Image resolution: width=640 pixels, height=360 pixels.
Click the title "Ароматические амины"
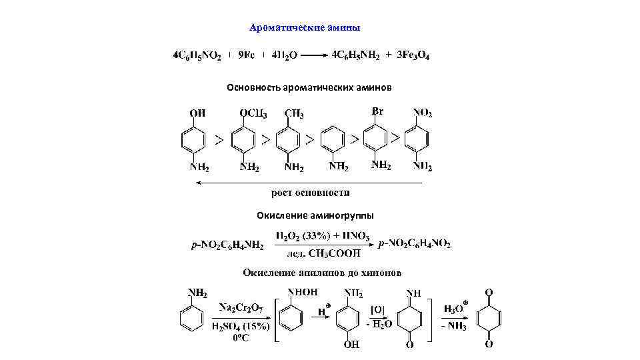(x=305, y=28)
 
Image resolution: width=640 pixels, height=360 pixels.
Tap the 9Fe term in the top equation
(x=247, y=56)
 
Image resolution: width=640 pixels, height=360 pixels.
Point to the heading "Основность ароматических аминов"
(x=309, y=88)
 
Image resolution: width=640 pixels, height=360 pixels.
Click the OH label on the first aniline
(x=197, y=113)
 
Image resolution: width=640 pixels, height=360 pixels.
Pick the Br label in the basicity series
(x=377, y=111)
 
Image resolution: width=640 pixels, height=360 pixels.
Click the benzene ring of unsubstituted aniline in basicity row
(x=333, y=141)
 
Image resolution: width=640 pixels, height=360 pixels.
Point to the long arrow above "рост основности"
(x=307, y=182)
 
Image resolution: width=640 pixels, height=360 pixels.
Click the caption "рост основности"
(x=310, y=193)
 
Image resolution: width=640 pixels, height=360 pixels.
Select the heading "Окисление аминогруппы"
(x=315, y=215)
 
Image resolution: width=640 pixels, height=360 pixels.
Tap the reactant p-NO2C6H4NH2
(x=227, y=245)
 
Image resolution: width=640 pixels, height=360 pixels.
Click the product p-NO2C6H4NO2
(x=414, y=245)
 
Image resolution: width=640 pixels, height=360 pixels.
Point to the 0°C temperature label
(x=241, y=338)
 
